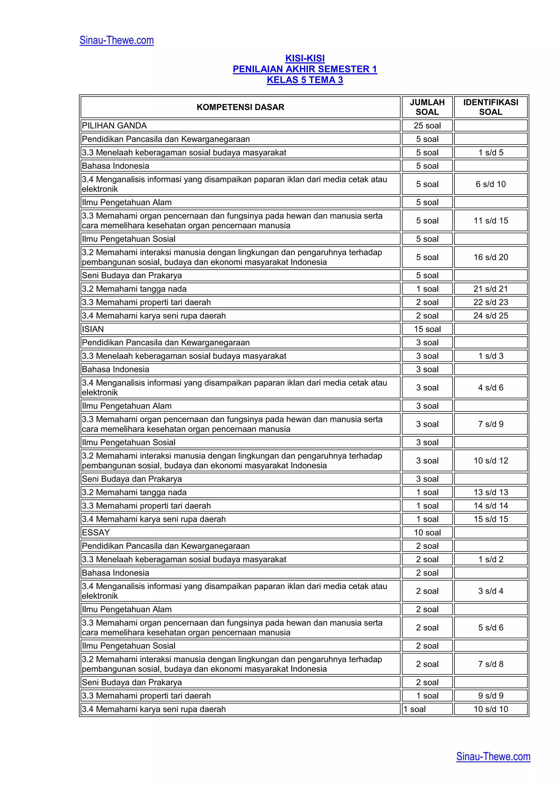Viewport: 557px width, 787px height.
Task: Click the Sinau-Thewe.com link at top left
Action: [x=117, y=40]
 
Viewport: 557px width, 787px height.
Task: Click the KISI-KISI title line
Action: [x=305, y=58]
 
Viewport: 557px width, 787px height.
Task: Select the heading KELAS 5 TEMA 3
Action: [x=305, y=80]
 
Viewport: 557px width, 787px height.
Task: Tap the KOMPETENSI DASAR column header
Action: [x=240, y=107]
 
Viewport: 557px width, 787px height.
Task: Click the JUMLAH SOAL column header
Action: [x=427, y=107]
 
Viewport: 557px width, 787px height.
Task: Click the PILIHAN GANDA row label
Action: [x=114, y=126]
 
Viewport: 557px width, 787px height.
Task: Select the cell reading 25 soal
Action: [x=427, y=126]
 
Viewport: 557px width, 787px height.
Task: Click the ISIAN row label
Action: [x=93, y=329]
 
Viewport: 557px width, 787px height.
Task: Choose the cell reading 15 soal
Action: [x=427, y=329]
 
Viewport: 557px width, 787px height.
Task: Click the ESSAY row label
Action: [x=96, y=532]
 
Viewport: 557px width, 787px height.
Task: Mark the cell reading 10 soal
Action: [x=427, y=532]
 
